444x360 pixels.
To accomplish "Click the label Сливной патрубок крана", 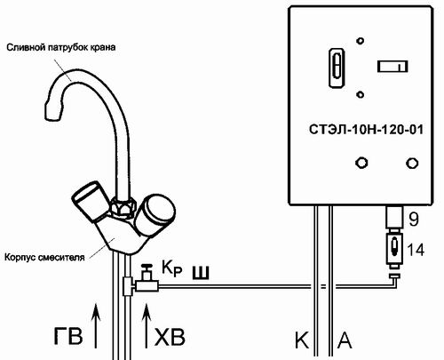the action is pos(61,47).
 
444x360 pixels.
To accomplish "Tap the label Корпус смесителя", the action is pos(44,257).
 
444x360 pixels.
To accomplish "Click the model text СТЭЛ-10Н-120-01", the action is pos(366,130).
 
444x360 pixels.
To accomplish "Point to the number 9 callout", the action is pos(414,220).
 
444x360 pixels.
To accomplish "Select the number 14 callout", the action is pos(416,250).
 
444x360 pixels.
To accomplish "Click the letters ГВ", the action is pos(67,336).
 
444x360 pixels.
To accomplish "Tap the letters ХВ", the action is pos(170,337).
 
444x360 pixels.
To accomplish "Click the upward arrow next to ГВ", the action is pos(96,325).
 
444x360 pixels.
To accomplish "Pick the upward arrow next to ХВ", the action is pos(147,325).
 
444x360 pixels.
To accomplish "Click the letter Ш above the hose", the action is pos(201,273).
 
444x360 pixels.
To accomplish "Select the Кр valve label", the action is pos(171,268).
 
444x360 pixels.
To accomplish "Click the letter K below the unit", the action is pos(302,340).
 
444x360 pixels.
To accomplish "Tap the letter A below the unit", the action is pos(345,340).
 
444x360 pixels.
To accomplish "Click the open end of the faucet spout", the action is pos(53,111).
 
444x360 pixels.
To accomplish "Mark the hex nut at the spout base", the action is pos(123,206).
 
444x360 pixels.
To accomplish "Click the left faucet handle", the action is pos(90,201).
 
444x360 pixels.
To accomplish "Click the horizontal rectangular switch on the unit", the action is pos(392,66).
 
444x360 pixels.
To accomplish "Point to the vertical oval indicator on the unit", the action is pos(337,68).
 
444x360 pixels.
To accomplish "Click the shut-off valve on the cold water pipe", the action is pos(147,279).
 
